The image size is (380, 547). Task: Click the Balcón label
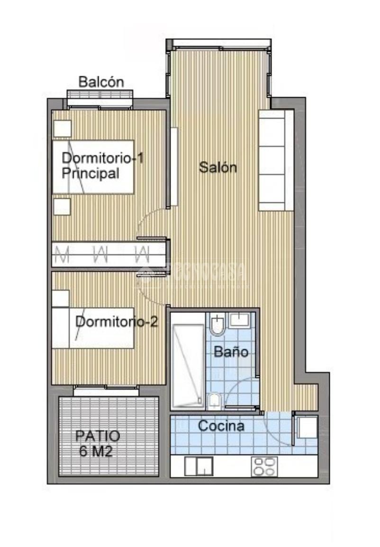pos(101,82)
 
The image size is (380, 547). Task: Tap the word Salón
pos(217,167)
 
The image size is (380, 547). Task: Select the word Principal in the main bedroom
pos(90,173)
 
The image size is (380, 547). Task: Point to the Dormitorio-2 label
pos(117,322)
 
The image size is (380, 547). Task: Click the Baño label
pos(231,352)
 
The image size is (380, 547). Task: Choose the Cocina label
pos(221,426)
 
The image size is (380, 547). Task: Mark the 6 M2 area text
pos(96,451)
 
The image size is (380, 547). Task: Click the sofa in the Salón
pos(277,160)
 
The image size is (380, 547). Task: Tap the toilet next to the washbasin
pos(217,324)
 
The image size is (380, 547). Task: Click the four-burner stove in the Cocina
pos(264,466)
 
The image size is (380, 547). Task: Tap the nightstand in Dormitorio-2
pos(61,298)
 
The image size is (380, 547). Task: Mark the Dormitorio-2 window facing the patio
pos(106,391)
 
